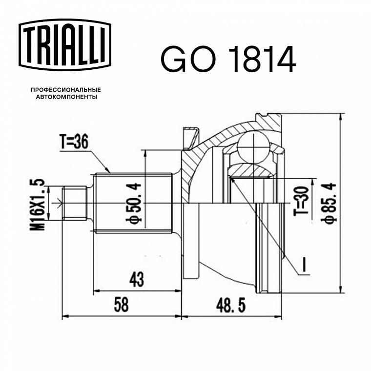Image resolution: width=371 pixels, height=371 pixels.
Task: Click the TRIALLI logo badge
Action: [x=65, y=45]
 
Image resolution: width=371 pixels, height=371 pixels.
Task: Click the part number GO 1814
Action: [x=228, y=59]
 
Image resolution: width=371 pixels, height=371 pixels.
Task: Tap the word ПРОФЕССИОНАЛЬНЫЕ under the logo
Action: [x=66, y=90]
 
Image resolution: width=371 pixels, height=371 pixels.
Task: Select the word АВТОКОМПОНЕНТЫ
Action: [x=66, y=97]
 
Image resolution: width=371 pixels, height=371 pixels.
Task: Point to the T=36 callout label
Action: [x=74, y=142]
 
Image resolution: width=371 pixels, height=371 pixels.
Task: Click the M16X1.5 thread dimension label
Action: [x=38, y=205]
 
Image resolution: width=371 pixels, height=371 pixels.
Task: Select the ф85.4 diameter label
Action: [x=329, y=203]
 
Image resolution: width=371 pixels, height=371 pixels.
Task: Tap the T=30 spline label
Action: [x=301, y=201]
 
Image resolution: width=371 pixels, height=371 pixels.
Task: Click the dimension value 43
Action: [x=137, y=279]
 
